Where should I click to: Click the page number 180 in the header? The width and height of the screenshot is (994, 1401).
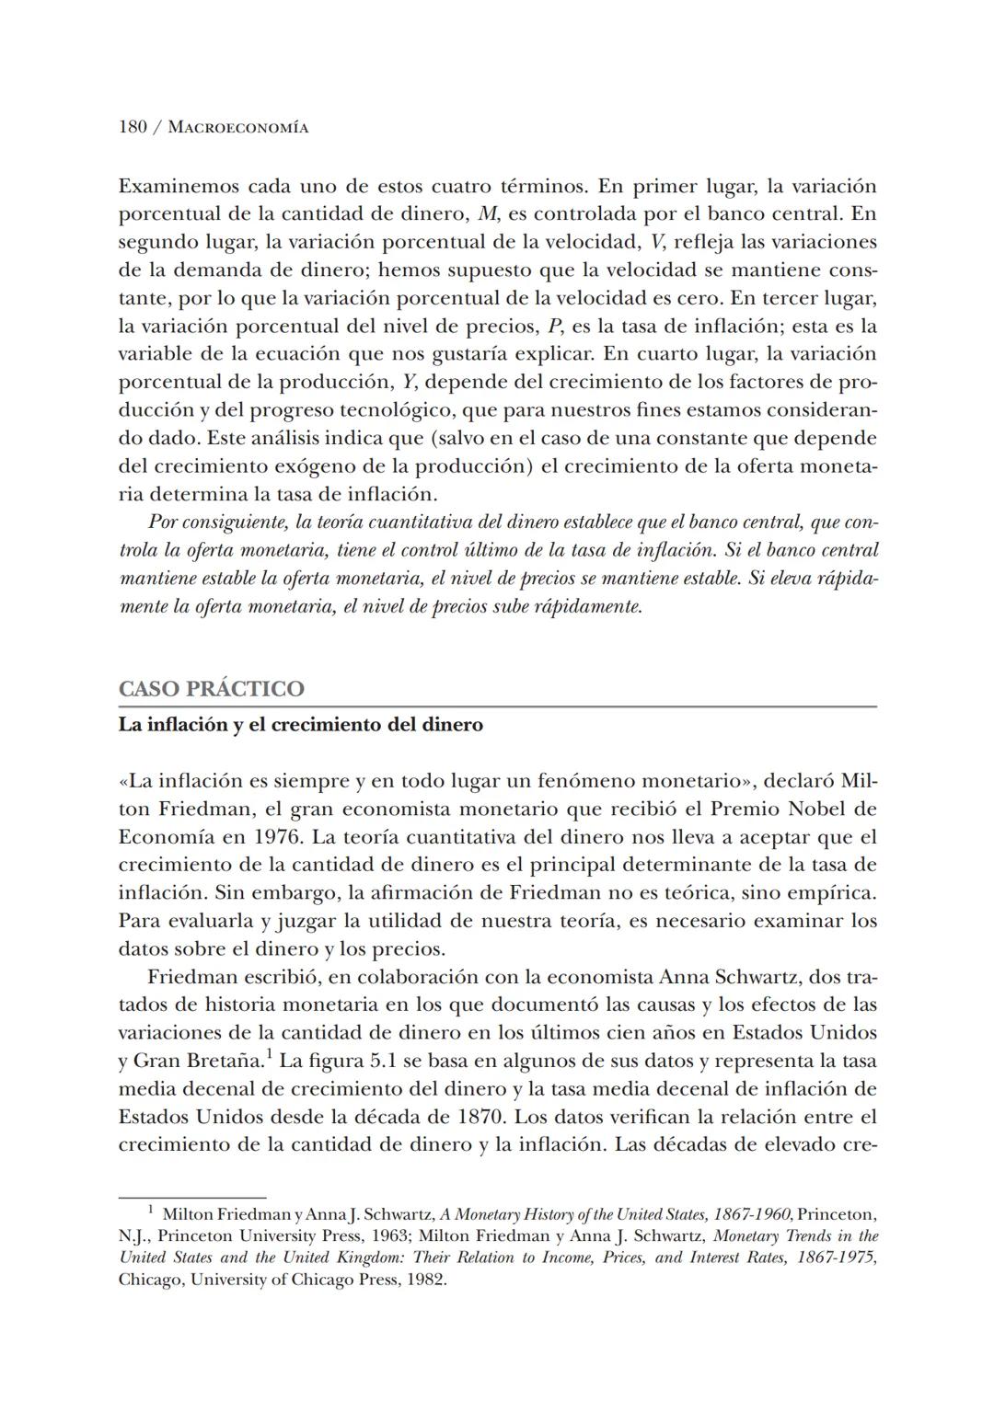click(133, 127)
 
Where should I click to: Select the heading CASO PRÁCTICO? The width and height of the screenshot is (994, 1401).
click(211, 689)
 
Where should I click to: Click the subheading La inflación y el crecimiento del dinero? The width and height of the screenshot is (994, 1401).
click(300, 725)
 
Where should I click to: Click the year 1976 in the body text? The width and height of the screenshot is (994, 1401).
click(274, 837)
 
